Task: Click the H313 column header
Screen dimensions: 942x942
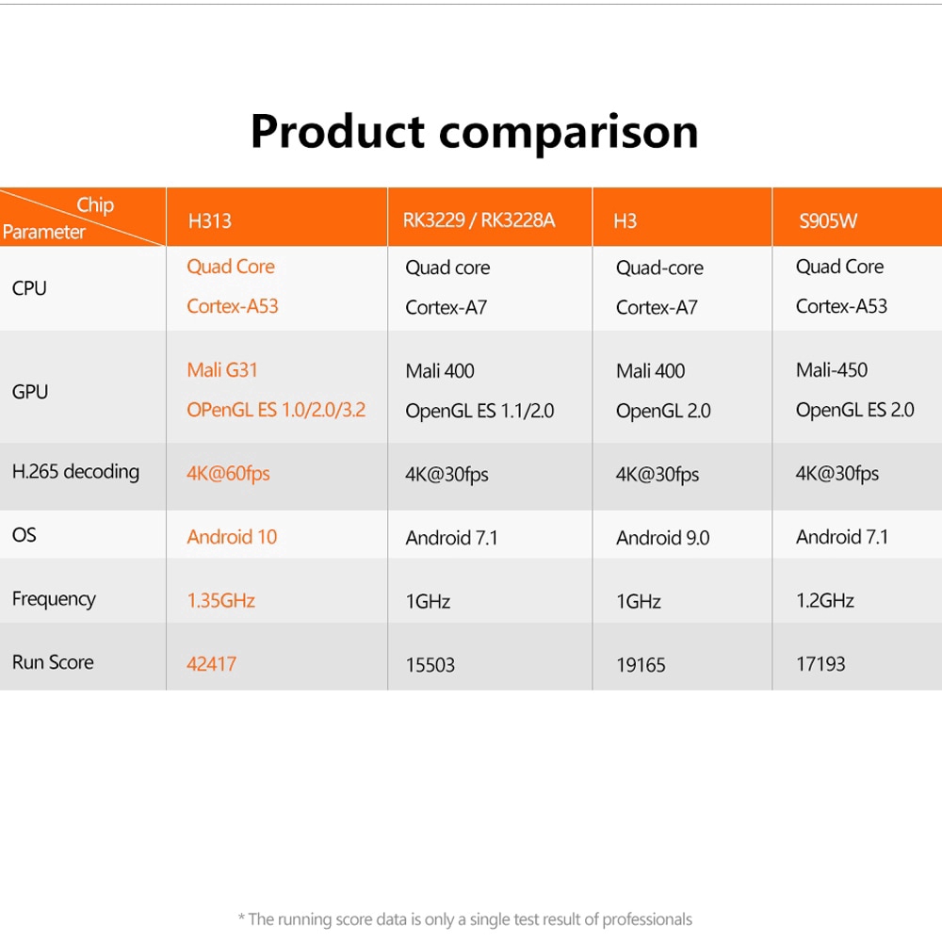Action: coord(209,221)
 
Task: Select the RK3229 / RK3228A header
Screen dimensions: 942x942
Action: coord(479,220)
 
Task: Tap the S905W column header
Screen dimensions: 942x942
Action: coord(828,221)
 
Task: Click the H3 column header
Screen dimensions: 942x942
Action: coord(625,221)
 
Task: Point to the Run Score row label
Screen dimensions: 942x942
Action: coord(53,662)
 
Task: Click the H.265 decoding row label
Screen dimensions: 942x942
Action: coord(75,472)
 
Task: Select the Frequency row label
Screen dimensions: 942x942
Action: coord(54,599)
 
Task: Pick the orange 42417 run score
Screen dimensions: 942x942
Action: coord(211,664)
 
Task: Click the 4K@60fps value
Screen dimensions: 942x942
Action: coord(228,473)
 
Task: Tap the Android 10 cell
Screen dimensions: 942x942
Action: coord(232,537)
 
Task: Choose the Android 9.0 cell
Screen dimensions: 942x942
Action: coord(662,538)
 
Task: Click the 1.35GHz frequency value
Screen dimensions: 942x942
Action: coord(220,600)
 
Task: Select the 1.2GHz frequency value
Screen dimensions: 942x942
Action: coord(824,600)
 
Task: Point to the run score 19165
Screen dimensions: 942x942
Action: coord(641,665)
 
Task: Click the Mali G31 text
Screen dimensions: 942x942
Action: coord(221,370)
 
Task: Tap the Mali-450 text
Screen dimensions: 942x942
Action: coord(831,370)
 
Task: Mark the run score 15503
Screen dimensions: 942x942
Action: coord(430,665)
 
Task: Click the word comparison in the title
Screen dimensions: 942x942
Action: coord(569,132)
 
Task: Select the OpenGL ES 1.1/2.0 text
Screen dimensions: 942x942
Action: coord(479,411)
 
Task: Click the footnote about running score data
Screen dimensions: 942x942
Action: coord(464,919)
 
